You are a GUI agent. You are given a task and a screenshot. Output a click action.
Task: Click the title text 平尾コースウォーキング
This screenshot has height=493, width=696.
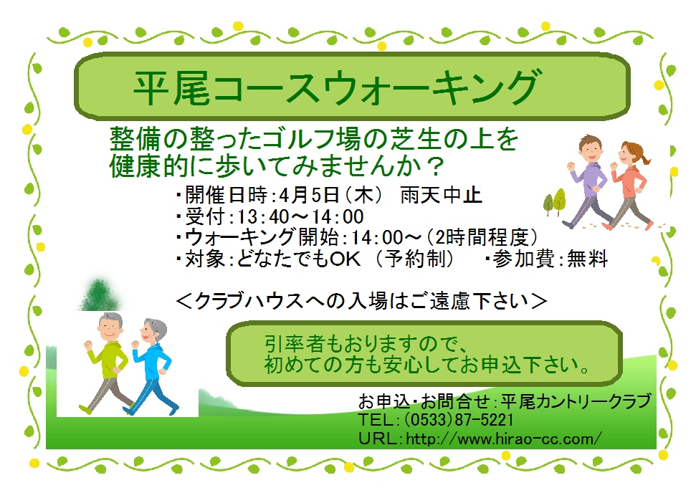pyautogui.click(x=335, y=87)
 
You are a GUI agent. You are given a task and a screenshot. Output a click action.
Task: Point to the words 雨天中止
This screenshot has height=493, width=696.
pyautogui.click(x=441, y=195)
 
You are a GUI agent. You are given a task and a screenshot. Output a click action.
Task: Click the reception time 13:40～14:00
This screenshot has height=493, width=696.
pyautogui.click(x=300, y=216)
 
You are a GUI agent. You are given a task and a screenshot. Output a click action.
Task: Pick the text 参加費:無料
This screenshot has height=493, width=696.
pyautogui.click(x=550, y=259)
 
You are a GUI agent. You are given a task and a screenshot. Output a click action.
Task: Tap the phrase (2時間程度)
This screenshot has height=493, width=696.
pyautogui.click(x=482, y=237)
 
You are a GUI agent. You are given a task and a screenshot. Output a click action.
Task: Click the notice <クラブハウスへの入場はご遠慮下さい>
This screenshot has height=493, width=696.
pyautogui.click(x=361, y=301)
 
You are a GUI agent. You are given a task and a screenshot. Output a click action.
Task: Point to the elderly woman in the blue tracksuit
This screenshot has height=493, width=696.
pyautogui.click(x=151, y=367)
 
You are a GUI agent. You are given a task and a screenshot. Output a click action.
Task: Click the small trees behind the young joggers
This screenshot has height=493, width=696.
pyautogui.click(x=555, y=202)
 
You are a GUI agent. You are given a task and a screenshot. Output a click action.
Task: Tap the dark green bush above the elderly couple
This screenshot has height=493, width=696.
pyautogui.click(x=99, y=294)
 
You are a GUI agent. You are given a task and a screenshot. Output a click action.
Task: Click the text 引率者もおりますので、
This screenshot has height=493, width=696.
pyautogui.click(x=365, y=345)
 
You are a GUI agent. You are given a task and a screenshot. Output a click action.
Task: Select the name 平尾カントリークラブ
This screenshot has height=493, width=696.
pyautogui.click(x=576, y=401)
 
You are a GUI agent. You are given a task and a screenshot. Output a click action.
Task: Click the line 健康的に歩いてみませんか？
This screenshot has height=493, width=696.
pyautogui.click(x=277, y=165)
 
